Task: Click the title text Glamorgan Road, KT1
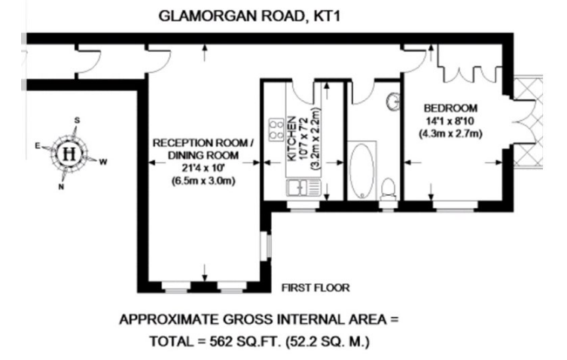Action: (x=249, y=16)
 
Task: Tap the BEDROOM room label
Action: (x=450, y=108)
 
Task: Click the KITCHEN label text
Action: (x=291, y=139)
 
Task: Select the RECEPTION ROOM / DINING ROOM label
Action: (x=203, y=149)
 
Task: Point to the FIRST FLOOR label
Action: (x=316, y=288)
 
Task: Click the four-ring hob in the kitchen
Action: (x=276, y=130)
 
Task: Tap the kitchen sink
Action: (x=303, y=188)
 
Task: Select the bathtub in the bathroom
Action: (x=362, y=171)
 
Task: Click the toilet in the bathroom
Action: (x=389, y=189)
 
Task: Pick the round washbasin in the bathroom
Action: (x=394, y=102)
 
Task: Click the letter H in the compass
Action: (x=69, y=154)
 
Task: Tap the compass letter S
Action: (x=77, y=121)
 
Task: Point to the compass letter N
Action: (x=61, y=187)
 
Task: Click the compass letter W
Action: (x=103, y=162)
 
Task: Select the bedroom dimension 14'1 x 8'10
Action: (x=450, y=121)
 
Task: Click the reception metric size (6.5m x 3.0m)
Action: (x=203, y=180)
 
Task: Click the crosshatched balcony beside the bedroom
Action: (x=529, y=122)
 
